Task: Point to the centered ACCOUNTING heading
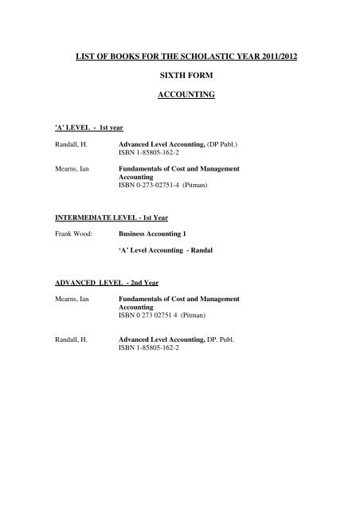point(179,114)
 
